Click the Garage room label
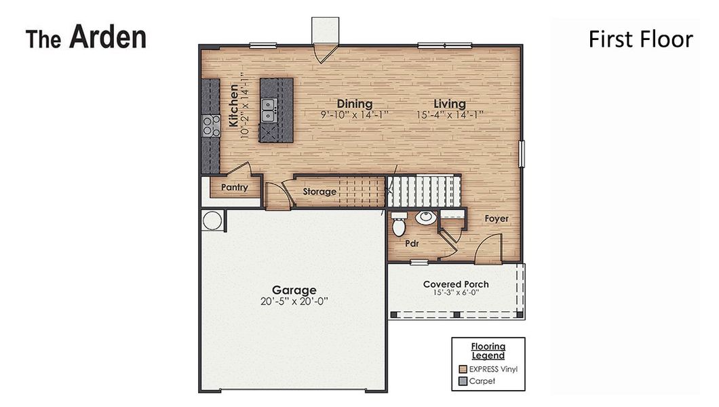[x=294, y=290]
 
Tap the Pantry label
[x=234, y=188]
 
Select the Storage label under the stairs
[x=319, y=192]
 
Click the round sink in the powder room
[x=425, y=218]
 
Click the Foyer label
[x=497, y=219]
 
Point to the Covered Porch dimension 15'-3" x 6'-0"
[x=456, y=293]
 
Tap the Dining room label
[x=355, y=104]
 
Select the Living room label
[x=450, y=104]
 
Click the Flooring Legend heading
[x=488, y=351]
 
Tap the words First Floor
[x=640, y=39]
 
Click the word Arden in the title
[x=107, y=37]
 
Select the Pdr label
[x=411, y=242]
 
